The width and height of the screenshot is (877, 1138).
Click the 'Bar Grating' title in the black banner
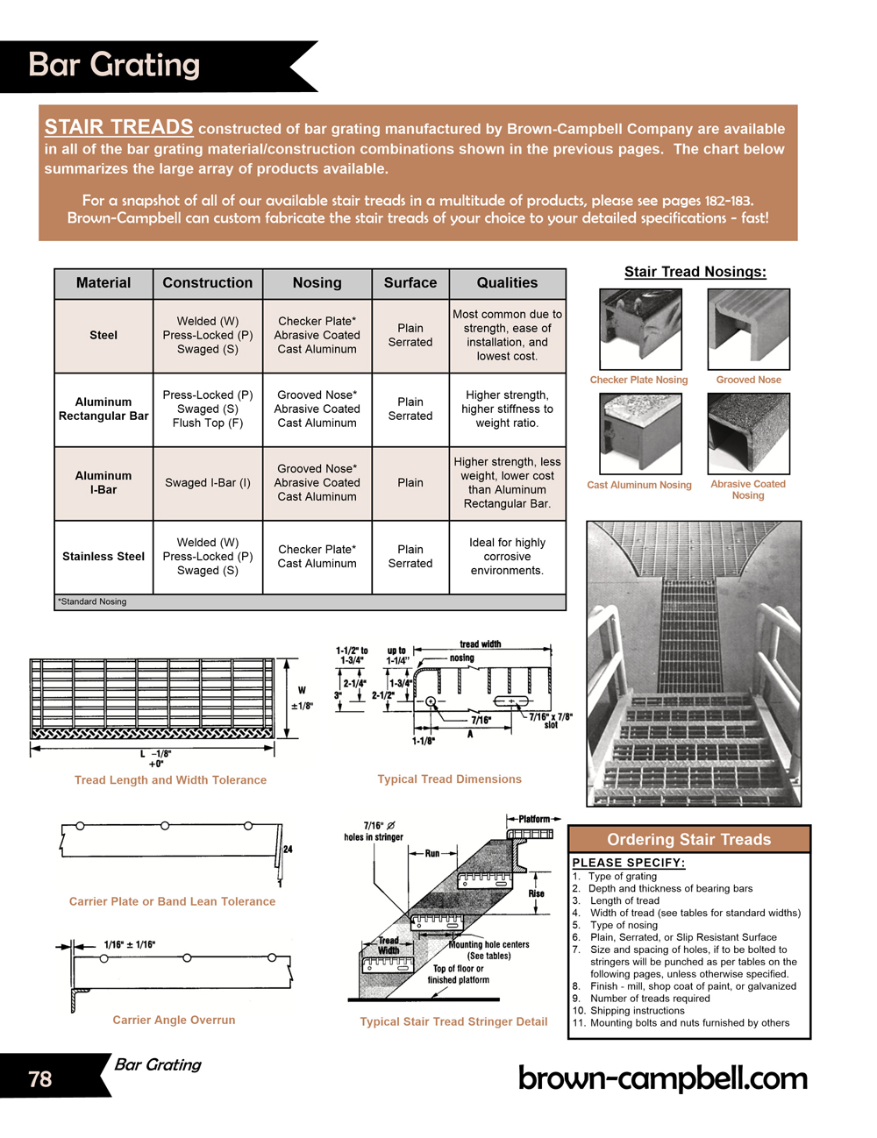(115, 65)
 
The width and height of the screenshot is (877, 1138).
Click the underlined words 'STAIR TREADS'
(119, 128)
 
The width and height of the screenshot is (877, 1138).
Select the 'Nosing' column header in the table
(317, 283)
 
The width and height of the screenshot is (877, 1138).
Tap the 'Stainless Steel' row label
(103, 557)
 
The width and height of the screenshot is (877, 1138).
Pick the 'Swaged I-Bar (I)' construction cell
(208, 483)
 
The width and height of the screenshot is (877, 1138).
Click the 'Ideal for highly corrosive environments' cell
(507, 557)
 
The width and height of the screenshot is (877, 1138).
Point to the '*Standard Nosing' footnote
(92, 602)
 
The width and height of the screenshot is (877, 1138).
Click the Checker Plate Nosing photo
(640, 330)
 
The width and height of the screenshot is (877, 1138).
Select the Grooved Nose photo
(748, 330)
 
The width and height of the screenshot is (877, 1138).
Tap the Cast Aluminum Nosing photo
(640, 433)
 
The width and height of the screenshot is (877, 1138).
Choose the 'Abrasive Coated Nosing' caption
(748, 489)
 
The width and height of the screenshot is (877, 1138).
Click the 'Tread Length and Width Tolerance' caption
(170, 780)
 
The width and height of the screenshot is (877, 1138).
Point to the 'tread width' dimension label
(481, 644)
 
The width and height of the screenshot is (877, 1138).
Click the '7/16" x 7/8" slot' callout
(551, 721)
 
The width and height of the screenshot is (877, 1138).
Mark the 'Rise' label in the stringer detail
(536, 893)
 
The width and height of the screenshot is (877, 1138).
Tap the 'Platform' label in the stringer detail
(534, 819)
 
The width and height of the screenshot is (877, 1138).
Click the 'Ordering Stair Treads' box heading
(689, 840)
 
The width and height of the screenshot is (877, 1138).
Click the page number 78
(40, 1079)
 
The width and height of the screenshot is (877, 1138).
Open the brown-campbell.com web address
(663, 1078)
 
